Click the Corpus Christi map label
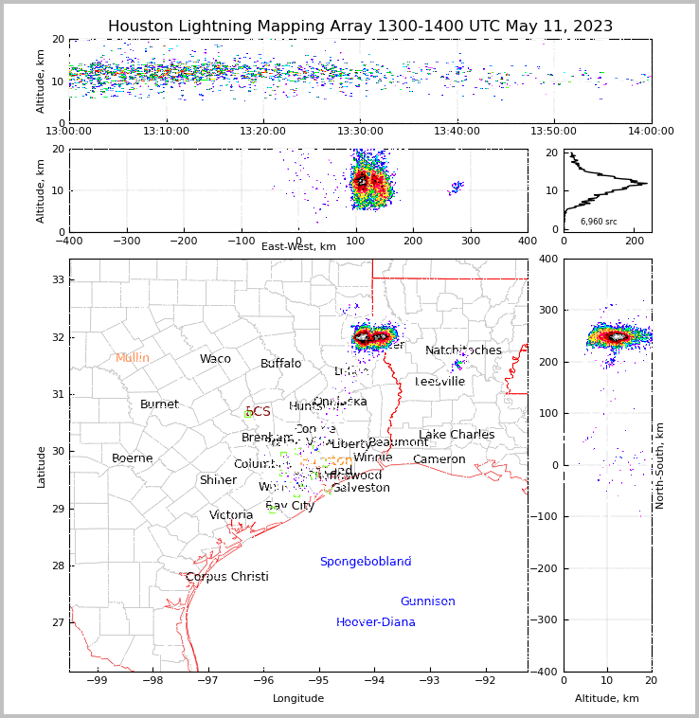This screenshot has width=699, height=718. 226,577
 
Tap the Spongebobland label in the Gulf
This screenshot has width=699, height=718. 365,562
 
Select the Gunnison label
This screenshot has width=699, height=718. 427,601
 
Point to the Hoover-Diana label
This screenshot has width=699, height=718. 375,622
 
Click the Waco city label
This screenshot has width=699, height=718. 215,359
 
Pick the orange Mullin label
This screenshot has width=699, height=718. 133,358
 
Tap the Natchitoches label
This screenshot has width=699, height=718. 463,350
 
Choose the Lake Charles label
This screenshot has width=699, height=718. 457,435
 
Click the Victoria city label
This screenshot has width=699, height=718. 231,515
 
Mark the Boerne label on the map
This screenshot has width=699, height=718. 132,458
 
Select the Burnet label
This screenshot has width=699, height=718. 159,404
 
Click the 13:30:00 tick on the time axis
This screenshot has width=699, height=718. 361,131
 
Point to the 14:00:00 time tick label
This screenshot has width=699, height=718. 651,131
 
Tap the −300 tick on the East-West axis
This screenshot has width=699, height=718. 127,241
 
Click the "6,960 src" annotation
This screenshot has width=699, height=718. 599,222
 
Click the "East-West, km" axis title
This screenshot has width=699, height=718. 298,247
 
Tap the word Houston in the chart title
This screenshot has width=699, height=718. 143,27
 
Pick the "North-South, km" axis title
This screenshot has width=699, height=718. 660,465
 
